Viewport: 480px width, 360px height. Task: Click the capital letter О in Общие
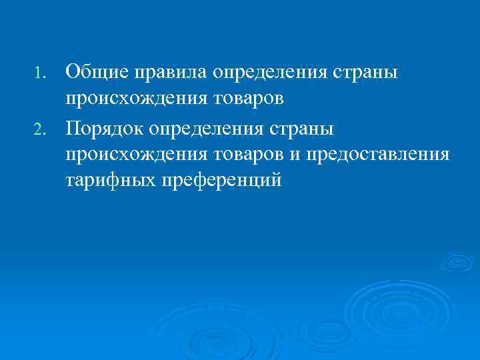(72, 71)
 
